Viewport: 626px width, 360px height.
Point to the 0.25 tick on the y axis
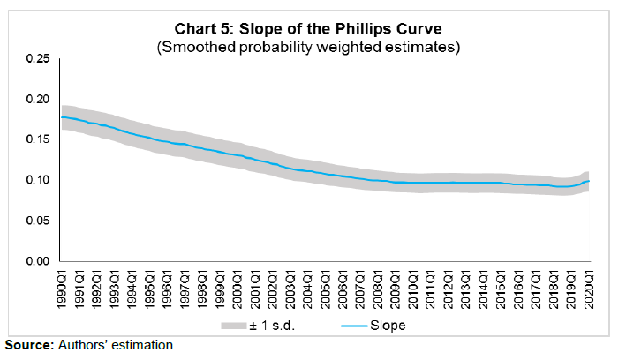click(36, 58)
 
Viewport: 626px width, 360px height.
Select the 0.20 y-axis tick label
click(36, 99)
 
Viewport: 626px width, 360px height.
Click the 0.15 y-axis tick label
click(36, 139)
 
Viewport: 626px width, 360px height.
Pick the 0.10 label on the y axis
click(36, 180)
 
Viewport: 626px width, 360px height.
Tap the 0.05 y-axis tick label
click(36, 221)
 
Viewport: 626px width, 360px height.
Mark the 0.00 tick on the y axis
click(36, 261)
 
